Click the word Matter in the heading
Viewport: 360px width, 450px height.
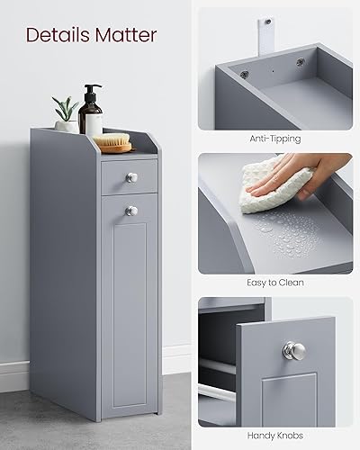point(125,35)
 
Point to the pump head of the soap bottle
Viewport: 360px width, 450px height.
point(91,90)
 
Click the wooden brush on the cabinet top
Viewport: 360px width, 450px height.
point(112,141)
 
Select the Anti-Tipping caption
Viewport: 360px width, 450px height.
point(275,139)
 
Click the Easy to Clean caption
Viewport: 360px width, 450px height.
point(275,282)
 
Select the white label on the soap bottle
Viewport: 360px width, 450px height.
point(91,123)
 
